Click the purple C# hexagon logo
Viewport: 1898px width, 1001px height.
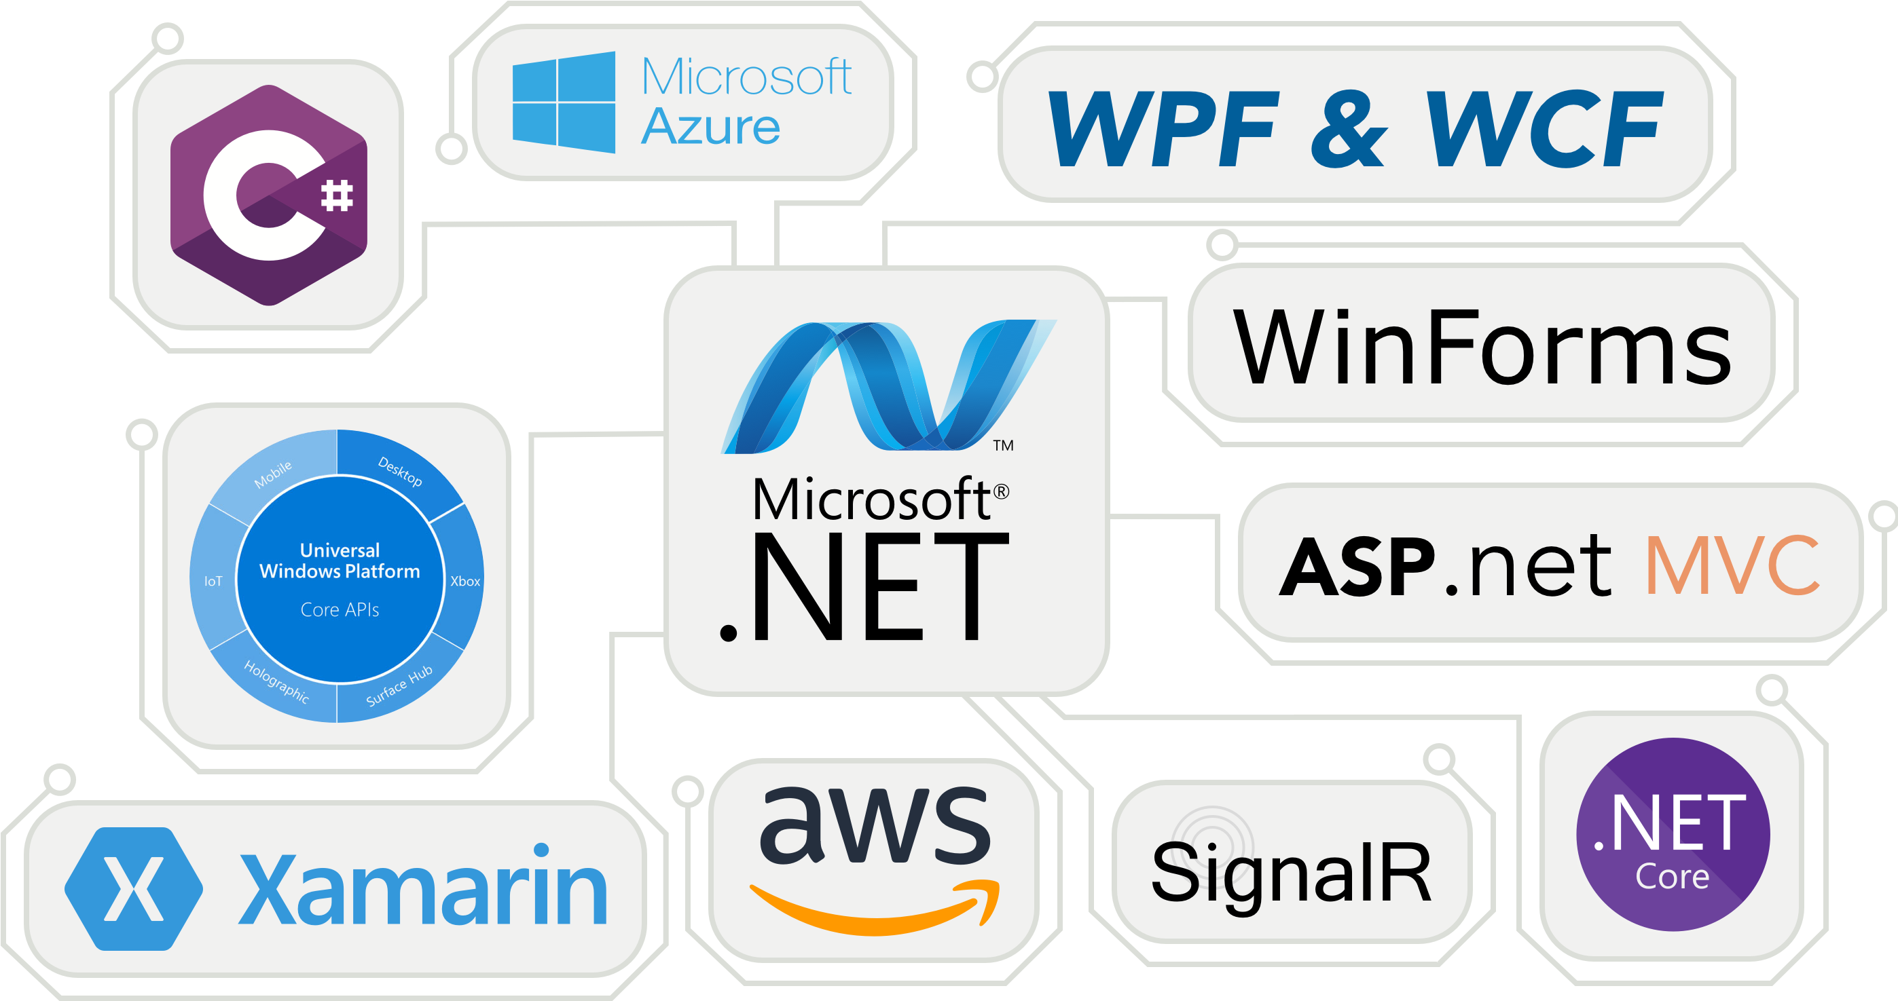pos(268,195)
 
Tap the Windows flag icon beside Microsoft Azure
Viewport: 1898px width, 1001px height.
pos(564,102)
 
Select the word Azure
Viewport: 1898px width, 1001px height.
pos(710,128)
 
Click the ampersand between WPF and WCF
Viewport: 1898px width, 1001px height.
pos(1349,130)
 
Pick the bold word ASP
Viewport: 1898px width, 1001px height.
pos(1357,567)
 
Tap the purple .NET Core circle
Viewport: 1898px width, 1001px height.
pos(1672,835)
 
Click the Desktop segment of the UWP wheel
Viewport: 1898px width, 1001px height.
pos(400,472)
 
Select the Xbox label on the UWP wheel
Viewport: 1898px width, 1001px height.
pos(465,581)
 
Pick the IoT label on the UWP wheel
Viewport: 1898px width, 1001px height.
pos(213,581)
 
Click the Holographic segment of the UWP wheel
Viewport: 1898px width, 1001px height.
pos(276,682)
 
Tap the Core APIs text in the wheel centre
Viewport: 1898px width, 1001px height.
pos(340,610)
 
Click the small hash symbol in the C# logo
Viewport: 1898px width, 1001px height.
pos(337,196)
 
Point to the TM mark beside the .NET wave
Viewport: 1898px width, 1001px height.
pos(1003,446)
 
